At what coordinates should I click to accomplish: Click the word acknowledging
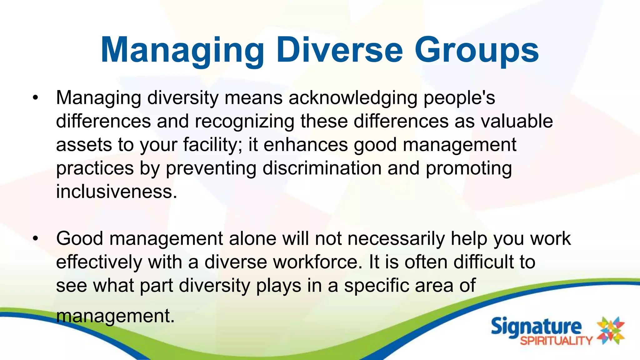353,98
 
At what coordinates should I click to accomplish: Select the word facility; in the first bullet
212,145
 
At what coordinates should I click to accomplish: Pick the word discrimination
322,169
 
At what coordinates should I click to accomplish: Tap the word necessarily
396,239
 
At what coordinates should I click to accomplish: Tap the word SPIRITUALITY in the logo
556,341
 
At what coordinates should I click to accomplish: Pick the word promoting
469,169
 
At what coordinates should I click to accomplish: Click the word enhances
306,145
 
